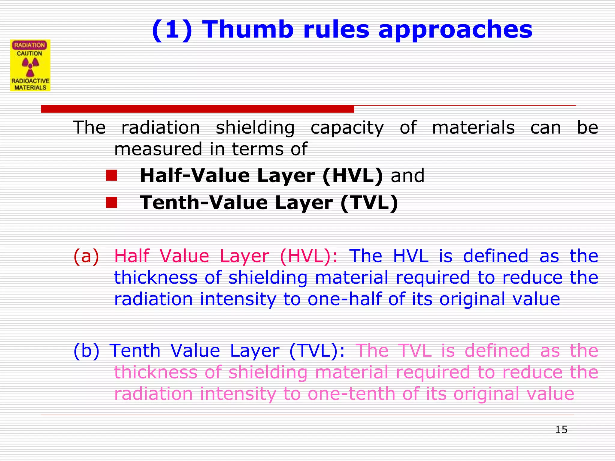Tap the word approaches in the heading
tap(455, 30)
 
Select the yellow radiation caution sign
tap(30, 65)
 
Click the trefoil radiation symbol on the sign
tap(30, 67)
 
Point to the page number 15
tap(561, 429)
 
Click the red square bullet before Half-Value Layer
tap(111, 176)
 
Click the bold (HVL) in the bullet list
tap(353, 176)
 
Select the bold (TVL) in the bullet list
tap(369, 203)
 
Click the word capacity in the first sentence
tap(347, 128)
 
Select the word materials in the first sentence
tap(473, 127)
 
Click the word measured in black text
tap(158, 149)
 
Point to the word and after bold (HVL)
tap(407, 176)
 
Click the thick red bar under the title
tap(197, 109)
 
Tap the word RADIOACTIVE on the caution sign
tap(30, 81)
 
